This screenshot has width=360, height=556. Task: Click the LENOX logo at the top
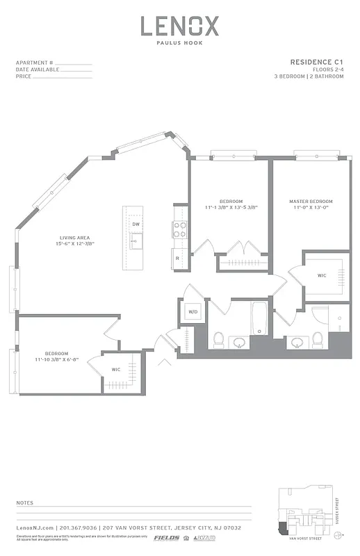[x=179, y=26]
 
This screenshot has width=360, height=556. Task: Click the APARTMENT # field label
[x=34, y=63]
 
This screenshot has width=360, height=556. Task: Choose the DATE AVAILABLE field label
[x=38, y=69]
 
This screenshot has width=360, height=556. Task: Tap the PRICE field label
[x=24, y=76]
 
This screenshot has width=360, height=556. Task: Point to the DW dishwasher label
[x=136, y=224]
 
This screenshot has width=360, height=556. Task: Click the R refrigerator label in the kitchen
[x=177, y=259]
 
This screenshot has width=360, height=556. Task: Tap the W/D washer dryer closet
[x=193, y=312]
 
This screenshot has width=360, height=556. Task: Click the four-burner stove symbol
[x=179, y=229]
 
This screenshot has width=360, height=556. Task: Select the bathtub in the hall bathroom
[x=260, y=317]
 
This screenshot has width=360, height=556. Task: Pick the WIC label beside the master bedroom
[x=322, y=276]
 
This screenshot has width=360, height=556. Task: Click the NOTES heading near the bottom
[x=26, y=502]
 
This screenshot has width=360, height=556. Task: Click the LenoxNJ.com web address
[x=35, y=528]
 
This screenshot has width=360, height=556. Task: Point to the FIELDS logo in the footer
[x=166, y=538]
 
